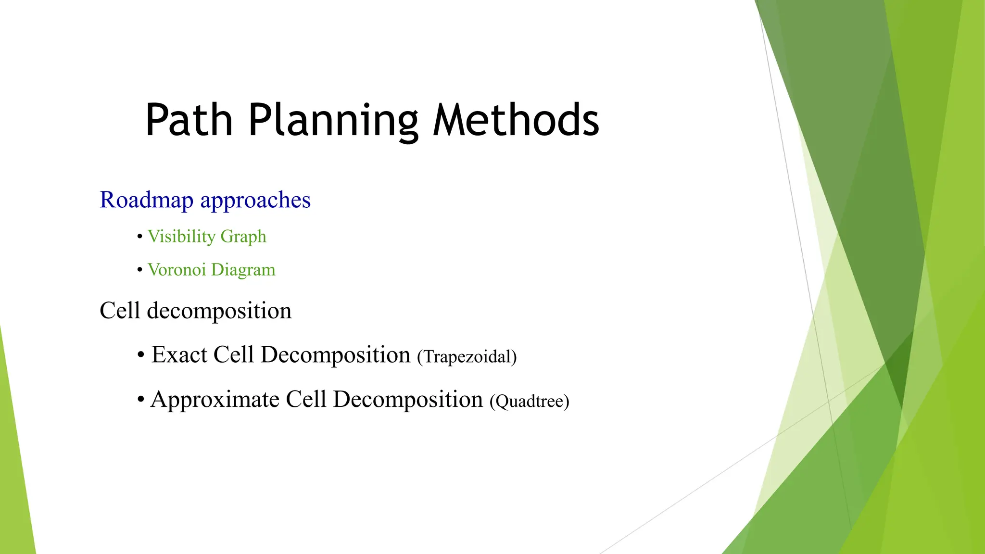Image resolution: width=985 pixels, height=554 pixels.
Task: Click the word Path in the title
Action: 189,120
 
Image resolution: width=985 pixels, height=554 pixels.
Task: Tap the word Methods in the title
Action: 516,120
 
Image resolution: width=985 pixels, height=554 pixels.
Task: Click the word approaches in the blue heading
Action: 255,200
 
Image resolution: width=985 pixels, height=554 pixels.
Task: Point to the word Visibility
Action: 181,237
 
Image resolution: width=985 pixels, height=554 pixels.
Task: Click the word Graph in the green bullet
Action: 243,237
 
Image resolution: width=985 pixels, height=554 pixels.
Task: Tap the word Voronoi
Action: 177,270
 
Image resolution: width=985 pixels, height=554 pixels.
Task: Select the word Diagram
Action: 243,270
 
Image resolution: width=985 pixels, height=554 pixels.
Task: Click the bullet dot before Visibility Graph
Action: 140,237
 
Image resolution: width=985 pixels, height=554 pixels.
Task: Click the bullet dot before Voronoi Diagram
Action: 140,270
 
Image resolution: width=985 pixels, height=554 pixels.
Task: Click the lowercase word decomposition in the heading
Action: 219,311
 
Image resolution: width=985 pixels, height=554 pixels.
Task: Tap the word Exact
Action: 179,355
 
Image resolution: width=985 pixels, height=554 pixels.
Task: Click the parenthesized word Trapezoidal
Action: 467,357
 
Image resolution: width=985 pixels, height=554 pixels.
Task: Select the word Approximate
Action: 215,400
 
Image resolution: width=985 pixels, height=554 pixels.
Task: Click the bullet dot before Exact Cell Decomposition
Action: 141,355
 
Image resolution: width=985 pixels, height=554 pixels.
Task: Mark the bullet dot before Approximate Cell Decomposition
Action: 141,400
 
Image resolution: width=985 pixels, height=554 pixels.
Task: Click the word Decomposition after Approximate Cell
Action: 408,400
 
